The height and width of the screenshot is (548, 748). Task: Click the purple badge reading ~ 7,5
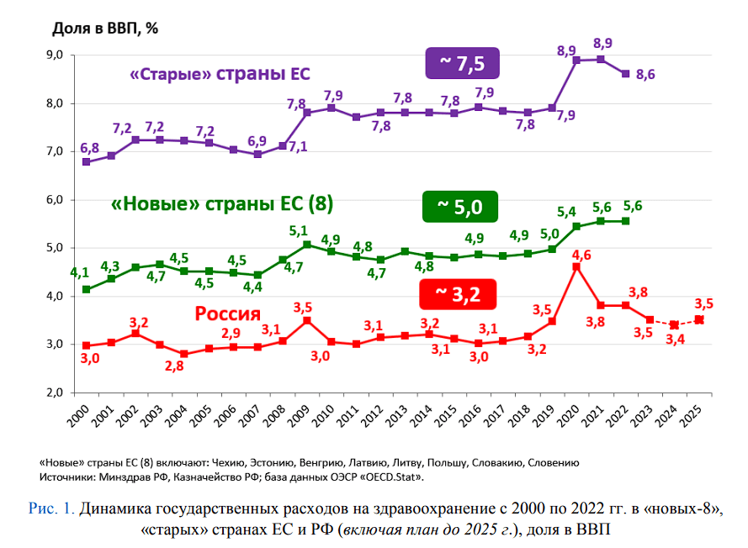coord(463,64)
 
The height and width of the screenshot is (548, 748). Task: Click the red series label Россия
coord(227,314)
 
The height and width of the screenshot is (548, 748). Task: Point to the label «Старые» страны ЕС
coord(220,74)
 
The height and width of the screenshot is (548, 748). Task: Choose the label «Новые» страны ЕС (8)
coord(222,204)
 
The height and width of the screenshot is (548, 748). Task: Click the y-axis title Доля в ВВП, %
coord(105,27)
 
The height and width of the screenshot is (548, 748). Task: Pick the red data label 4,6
coord(581,253)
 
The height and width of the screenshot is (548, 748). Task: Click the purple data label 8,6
coord(645,75)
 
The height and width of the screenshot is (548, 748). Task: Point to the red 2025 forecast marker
coord(698,319)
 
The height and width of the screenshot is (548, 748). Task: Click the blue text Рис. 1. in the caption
coord(51,508)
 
